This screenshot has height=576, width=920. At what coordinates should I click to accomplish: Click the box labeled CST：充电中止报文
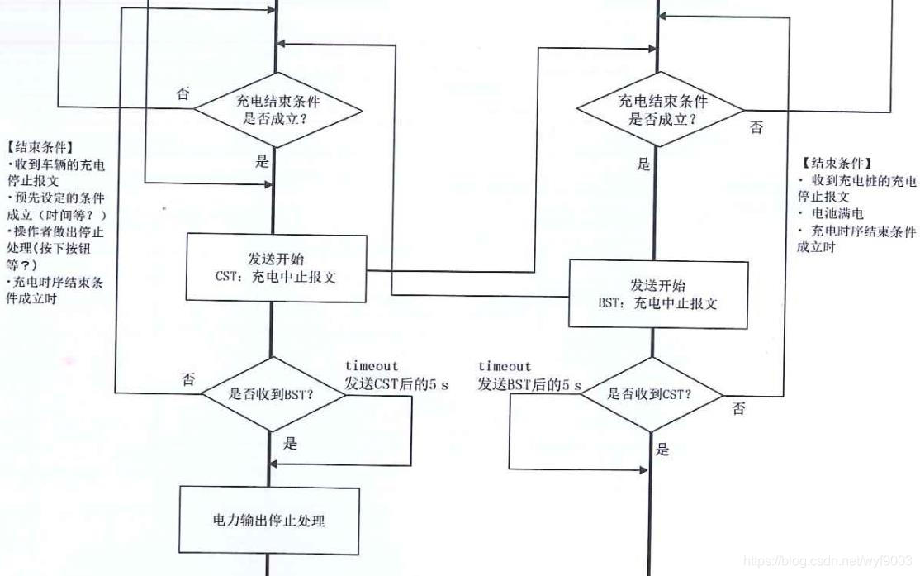(x=274, y=267)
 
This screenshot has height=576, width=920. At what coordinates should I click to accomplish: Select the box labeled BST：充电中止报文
(x=657, y=294)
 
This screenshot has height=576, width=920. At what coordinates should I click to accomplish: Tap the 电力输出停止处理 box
(x=269, y=521)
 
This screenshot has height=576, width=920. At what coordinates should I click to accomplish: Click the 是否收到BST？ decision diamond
(x=270, y=393)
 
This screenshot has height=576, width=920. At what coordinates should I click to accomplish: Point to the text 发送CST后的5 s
(x=396, y=384)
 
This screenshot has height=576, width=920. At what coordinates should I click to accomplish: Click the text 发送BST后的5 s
(x=529, y=384)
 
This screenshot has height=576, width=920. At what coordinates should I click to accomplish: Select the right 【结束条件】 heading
(x=836, y=164)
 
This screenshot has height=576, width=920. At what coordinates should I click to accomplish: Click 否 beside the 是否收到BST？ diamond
(x=188, y=379)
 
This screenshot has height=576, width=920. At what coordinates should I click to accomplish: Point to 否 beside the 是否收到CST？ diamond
(x=738, y=409)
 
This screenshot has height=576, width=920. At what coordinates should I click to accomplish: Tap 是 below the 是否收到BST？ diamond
(x=290, y=443)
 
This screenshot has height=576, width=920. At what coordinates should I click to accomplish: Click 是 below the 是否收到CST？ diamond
(x=662, y=450)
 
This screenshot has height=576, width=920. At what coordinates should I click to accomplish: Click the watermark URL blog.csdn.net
(x=827, y=561)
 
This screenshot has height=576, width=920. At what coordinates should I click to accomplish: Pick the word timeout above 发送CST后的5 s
(x=371, y=366)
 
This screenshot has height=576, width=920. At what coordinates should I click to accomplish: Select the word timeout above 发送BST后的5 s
(x=504, y=366)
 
